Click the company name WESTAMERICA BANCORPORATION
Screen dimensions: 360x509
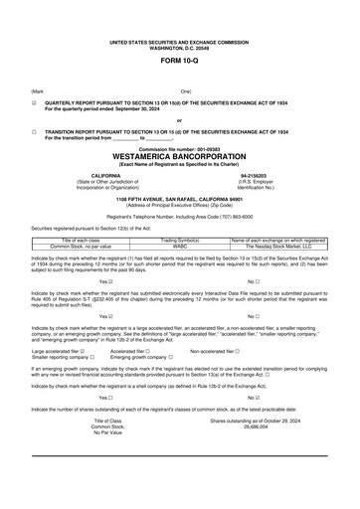click(179, 157)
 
